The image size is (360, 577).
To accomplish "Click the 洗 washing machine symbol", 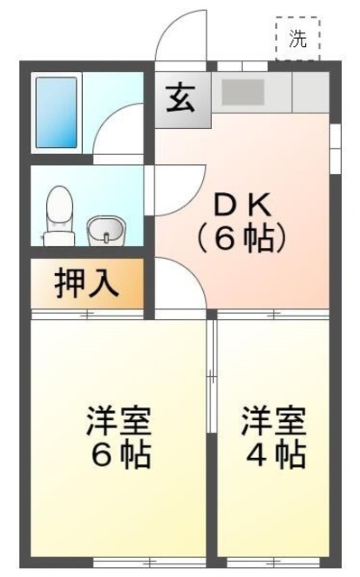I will tap(298, 39).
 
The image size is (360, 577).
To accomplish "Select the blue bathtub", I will tap(57, 113).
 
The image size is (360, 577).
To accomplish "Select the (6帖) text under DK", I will tap(241, 238).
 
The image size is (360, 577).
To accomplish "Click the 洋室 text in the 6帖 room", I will tap(118, 420).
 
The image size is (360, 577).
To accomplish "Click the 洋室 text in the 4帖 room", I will tap(273, 420).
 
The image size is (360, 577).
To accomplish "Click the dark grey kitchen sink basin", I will tap(242, 92).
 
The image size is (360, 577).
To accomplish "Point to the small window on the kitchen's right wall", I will tap(336, 135).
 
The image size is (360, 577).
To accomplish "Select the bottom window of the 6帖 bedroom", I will tap(118, 560).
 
